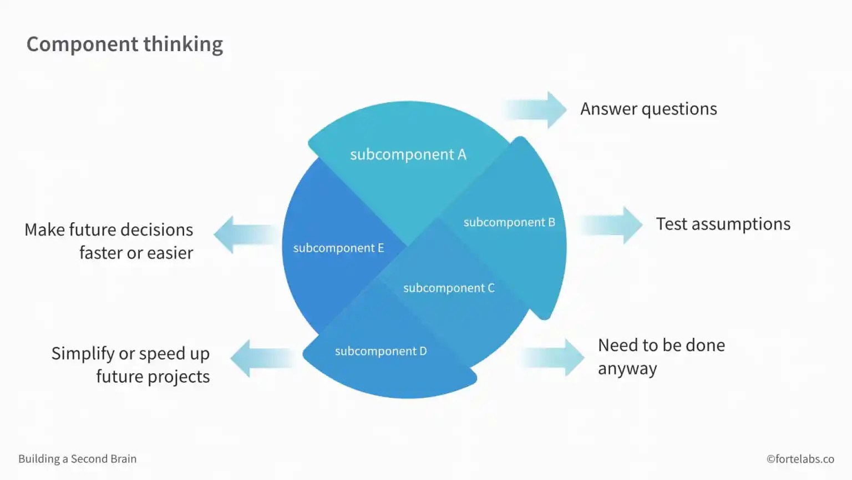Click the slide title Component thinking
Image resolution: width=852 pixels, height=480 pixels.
[x=125, y=44]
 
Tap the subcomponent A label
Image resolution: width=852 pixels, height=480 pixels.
[x=408, y=154]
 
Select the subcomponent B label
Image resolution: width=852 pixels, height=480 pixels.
[x=509, y=222]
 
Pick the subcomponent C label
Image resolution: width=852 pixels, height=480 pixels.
[x=448, y=288]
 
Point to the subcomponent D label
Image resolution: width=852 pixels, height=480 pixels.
[x=381, y=351]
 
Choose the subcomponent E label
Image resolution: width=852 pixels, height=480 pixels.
[x=338, y=248]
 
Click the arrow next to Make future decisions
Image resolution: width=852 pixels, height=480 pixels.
[x=244, y=235]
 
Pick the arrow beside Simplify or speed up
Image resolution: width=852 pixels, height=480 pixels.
[x=261, y=358]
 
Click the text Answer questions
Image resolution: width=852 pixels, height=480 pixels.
[x=648, y=109]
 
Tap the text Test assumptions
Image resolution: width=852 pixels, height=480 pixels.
[x=723, y=224]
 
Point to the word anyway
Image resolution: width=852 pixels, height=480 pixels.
[x=627, y=369]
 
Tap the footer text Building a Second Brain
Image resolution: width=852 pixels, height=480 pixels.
[x=77, y=459]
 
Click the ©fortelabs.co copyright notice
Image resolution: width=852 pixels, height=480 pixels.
[x=800, y=459]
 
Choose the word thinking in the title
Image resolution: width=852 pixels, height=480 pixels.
[x=183, y=44]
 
